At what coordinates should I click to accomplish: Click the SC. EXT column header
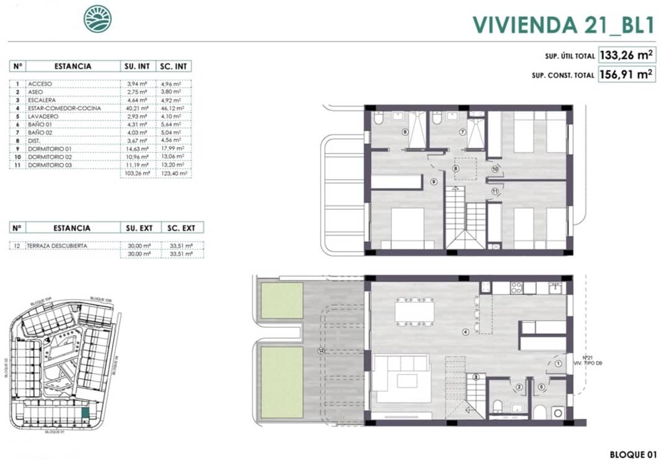[182, 228]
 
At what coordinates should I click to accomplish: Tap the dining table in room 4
[416, 311]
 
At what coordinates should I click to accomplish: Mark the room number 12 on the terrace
[321, 351]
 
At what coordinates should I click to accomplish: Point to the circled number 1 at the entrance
[558, 364]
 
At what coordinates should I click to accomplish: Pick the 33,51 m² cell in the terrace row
[182, 246]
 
